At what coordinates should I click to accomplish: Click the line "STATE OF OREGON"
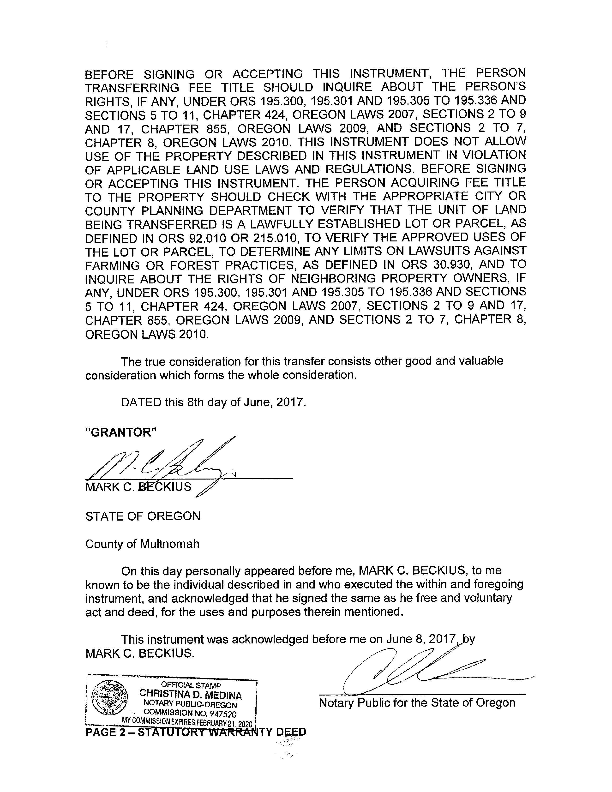pyautogui.click(x=143, y=516)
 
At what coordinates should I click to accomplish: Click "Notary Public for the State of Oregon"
pyautogui.click(x=417, y=703)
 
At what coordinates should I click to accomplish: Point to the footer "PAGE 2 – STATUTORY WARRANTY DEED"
pyautogui.click(x=196, y=732)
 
